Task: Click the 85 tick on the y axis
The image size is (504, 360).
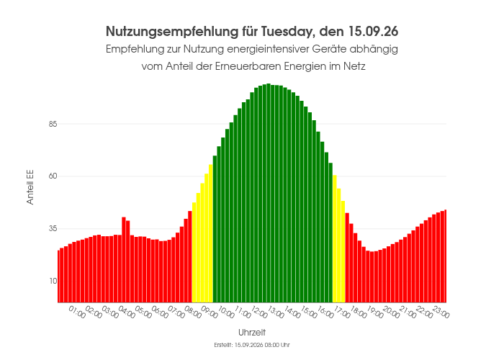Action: (53, 124)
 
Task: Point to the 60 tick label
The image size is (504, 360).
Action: (53, 176)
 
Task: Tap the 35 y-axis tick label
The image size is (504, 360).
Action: (53, 229)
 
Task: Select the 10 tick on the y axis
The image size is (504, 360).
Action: (53, 282)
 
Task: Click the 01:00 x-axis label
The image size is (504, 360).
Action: (77, 312)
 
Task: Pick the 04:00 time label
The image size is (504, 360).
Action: (127, 312)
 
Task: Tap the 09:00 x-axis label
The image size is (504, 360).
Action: (210, 312)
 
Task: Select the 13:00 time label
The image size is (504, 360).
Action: (276, 312)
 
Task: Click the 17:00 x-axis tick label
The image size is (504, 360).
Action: (342, 312)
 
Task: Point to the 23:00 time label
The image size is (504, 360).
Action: (441, 312)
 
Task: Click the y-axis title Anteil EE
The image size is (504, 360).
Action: (30, 187)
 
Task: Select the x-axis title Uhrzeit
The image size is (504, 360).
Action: (252, 333)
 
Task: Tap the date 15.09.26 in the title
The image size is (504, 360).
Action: (373, 32)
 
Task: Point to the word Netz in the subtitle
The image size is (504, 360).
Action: (354, 66)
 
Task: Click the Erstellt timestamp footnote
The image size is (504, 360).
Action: (252, 345)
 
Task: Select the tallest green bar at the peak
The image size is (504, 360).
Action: (269, 193)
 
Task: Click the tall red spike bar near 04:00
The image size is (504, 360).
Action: (124, 260)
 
